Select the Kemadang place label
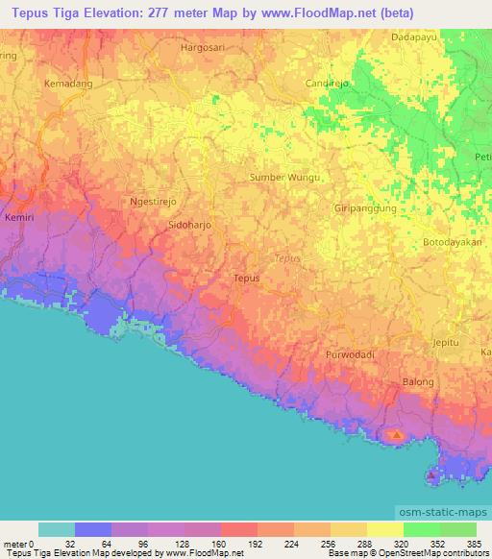coord(66,85)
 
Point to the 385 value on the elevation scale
coord(473,543)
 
